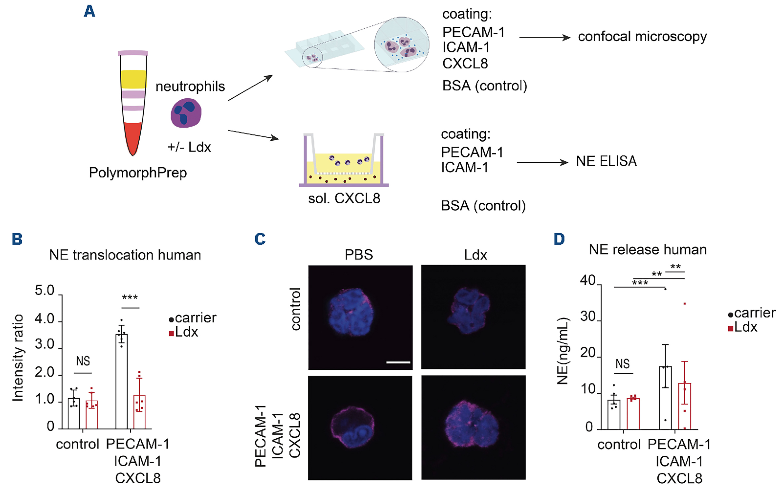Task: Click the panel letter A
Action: coord(89,11)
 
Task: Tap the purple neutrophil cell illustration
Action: coord(186,113)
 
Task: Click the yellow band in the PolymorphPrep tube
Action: coord(133,79)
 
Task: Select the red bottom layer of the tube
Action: coord(133,135)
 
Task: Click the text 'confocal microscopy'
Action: coord(642,37)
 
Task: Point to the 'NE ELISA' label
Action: coord(606,161)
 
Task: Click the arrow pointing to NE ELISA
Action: coord(542,162)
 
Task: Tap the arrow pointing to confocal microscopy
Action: coord(545,38)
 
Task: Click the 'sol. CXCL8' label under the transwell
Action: coord(344,198)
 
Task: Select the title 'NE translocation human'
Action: coord(125,255)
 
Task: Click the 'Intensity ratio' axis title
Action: coord(18,358)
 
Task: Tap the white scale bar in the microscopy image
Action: coord(398,362)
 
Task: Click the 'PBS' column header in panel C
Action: coord(359,255)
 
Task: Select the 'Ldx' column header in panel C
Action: coord(475,255)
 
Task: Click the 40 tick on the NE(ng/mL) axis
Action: coord(588,280)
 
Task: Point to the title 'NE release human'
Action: coord(648,250)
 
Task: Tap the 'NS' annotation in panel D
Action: coord(623,364)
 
